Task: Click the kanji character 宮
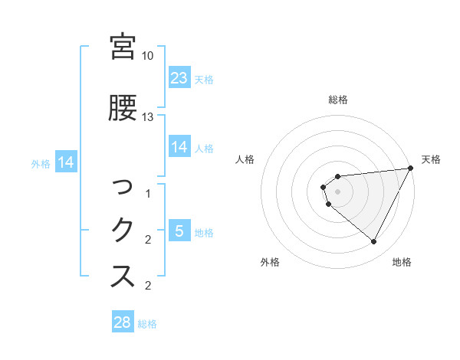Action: point(123,47)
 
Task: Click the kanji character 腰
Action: point(123,108)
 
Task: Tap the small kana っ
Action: point(123,186)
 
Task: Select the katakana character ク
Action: point(123,230)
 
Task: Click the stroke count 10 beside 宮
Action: point(148,56)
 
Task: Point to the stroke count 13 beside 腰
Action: point(148,116)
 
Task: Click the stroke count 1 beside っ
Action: point(148,195)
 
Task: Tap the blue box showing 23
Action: point(179,79)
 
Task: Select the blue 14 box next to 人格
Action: point(179,148)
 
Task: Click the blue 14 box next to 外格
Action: point(65,162)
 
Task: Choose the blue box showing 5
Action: point(179,231)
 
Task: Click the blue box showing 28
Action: point(123,322)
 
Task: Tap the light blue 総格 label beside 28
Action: point(147,324)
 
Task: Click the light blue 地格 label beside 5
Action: point(204,233)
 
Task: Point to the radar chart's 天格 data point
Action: point(412,169)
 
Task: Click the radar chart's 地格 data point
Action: point(373,242)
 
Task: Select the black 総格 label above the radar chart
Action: point(338,100)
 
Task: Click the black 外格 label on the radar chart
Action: point(270,262)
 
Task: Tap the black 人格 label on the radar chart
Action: point(245,159)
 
